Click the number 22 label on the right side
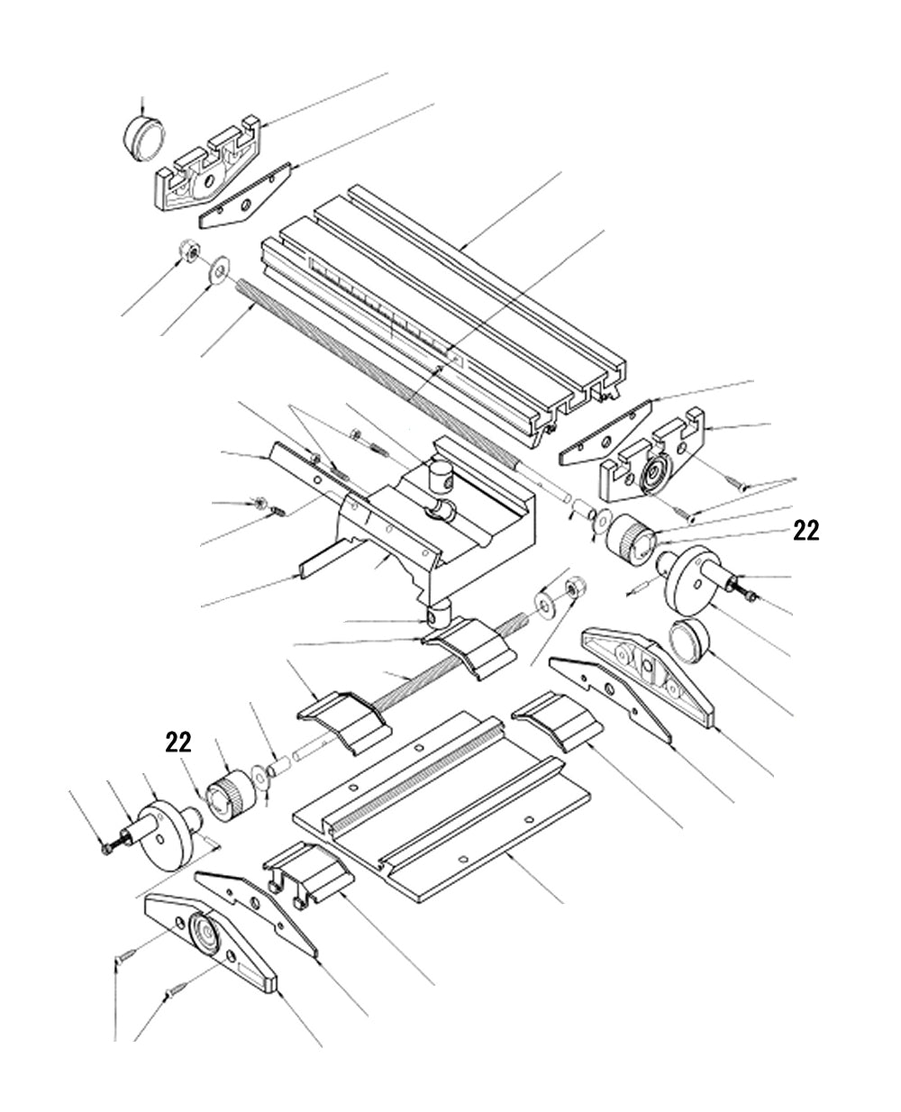[805, 532]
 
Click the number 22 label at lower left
[177, 742]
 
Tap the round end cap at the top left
[144, 137]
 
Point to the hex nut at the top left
[189, 251]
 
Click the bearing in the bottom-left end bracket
[204, 935]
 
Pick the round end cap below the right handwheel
[691, 642]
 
